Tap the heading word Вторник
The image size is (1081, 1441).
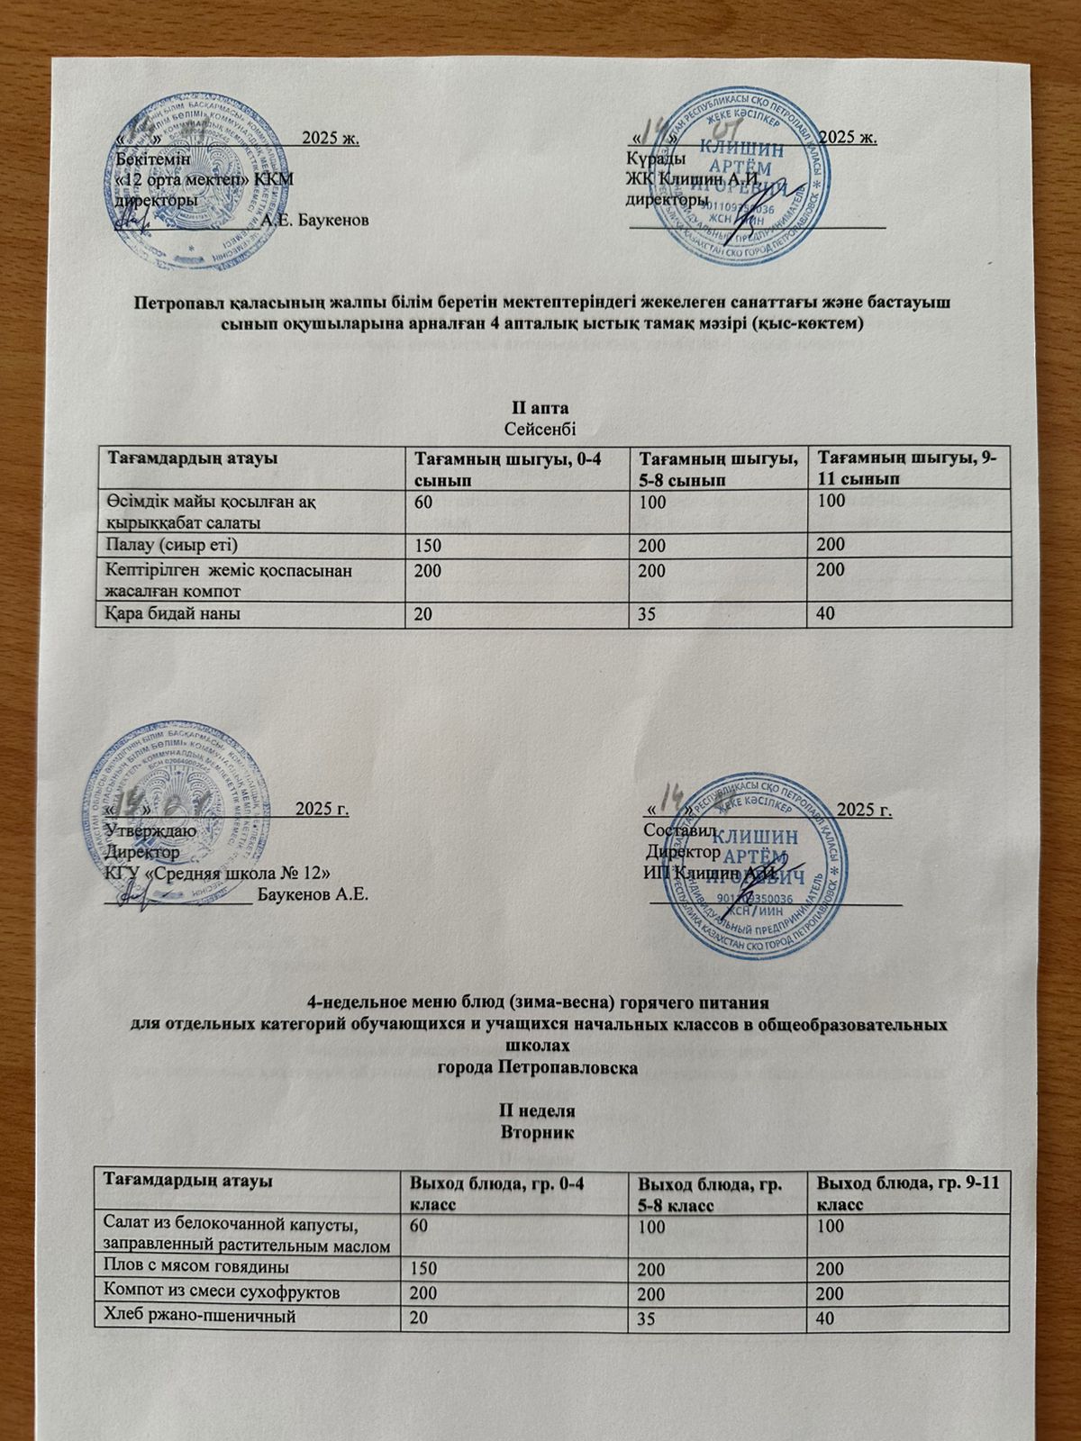pos(539,1130)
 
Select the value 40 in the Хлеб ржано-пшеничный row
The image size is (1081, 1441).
pos(825,1318)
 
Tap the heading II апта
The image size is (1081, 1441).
pos(540,406)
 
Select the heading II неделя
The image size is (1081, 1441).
pos(539,1110)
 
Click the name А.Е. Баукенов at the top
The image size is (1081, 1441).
pos(313,221)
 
